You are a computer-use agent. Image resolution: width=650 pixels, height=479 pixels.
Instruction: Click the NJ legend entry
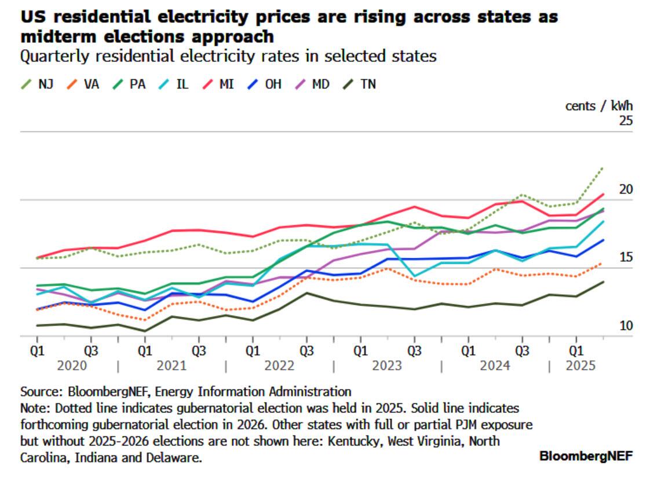pyautogui.click(x=38, y=84)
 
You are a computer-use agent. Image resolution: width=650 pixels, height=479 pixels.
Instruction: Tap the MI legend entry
pyautogui.click(x=220, y=84)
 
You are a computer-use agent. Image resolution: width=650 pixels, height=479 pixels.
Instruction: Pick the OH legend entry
pyautogui.click(x=266, y=84)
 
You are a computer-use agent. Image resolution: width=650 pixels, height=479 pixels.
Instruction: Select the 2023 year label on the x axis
pyautogui.click(x=387, y=366)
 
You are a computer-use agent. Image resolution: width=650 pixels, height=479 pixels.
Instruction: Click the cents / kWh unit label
pyautogui.click(x=598, y=106)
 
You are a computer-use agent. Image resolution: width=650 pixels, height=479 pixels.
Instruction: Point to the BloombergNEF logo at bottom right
pyautogui.click(x=586, y=456)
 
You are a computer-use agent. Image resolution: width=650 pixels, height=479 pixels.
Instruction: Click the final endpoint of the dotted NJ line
pyautogui.click(x=603, y=168)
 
